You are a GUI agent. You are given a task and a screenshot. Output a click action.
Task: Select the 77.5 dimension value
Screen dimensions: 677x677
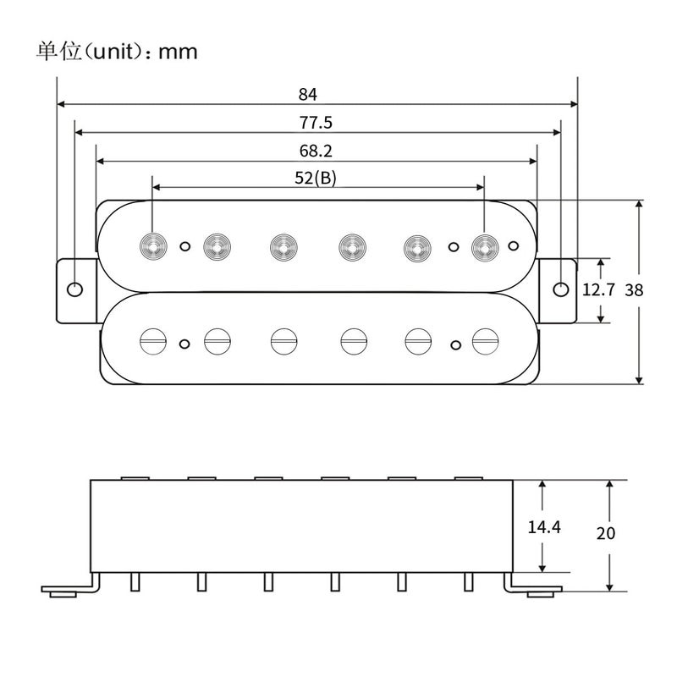coord(316,122)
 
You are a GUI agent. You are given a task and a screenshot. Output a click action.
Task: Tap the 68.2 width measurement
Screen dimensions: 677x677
coord(316,151)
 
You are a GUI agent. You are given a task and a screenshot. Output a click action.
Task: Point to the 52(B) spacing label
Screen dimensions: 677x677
coord(316,178)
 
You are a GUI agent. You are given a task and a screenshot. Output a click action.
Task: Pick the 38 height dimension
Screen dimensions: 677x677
coord(634,289)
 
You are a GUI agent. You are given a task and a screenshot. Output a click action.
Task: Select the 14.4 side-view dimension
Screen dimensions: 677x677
coord(544,526)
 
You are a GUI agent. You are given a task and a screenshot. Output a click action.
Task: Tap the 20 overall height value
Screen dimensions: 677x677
coord(605,534)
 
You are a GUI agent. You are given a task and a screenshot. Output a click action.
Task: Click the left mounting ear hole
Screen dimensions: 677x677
coord(75,289)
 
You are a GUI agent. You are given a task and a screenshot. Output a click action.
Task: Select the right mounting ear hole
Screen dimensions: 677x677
coord(561,289)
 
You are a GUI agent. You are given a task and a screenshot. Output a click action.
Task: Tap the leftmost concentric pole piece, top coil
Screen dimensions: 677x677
coord(152,246)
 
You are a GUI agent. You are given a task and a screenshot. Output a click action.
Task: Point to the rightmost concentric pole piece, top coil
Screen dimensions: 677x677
coord(483,246)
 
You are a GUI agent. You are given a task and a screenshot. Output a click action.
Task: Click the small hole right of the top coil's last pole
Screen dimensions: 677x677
coord(513,246)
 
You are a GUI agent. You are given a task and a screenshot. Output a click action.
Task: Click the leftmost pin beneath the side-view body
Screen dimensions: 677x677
coord(135,582)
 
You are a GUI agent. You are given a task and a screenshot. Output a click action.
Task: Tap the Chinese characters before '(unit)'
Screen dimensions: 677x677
coord(58,51)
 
